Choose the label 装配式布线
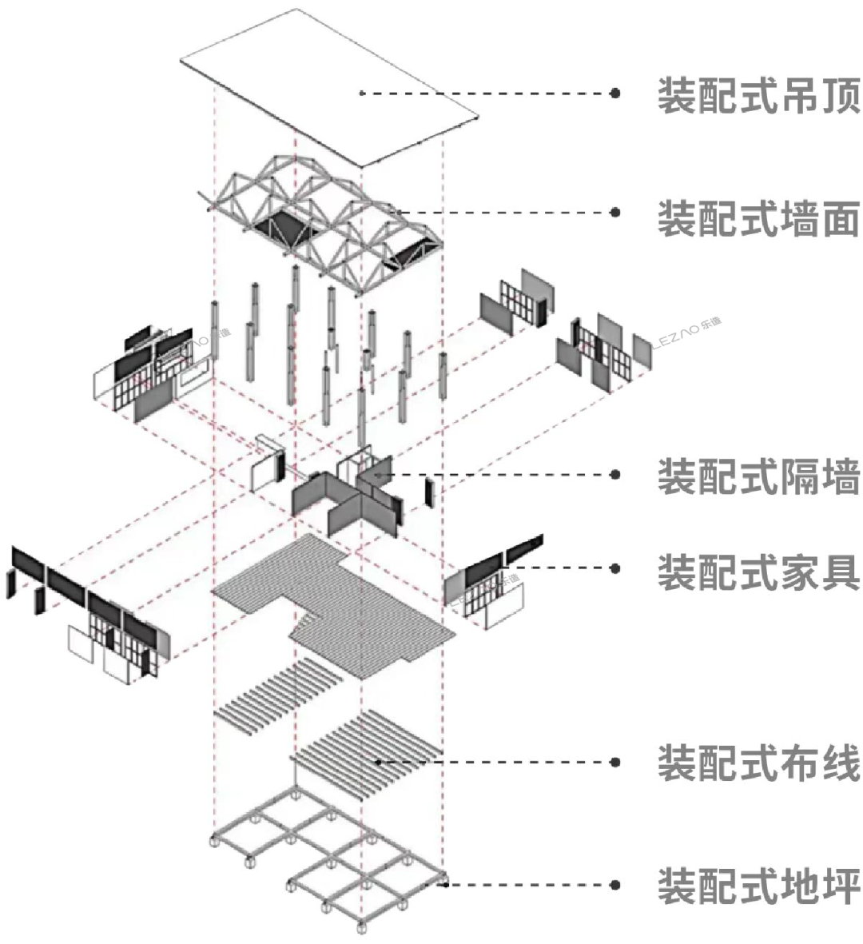point(758,763)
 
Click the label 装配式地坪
point(758,886)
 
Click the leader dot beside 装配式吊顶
point(614,94)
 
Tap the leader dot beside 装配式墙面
point(614,212)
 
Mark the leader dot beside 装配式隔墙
point(614,474)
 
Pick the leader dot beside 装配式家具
point(614,568)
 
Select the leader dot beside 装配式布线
point(614,762)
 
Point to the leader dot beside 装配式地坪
point(614,885)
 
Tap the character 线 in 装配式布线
point(838,763)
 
